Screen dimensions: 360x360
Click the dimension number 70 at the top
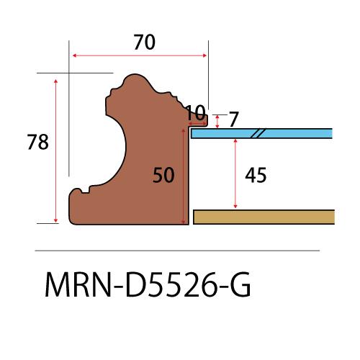click(144, 42)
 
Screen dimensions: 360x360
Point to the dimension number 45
click(256, 174)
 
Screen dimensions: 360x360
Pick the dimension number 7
click(233, 120)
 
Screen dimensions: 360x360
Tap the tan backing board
click(264, 217)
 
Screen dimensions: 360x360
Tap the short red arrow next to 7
click(217, 120)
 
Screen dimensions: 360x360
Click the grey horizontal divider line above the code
click(177, 250)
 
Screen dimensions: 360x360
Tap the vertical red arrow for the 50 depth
click(186, 174)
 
